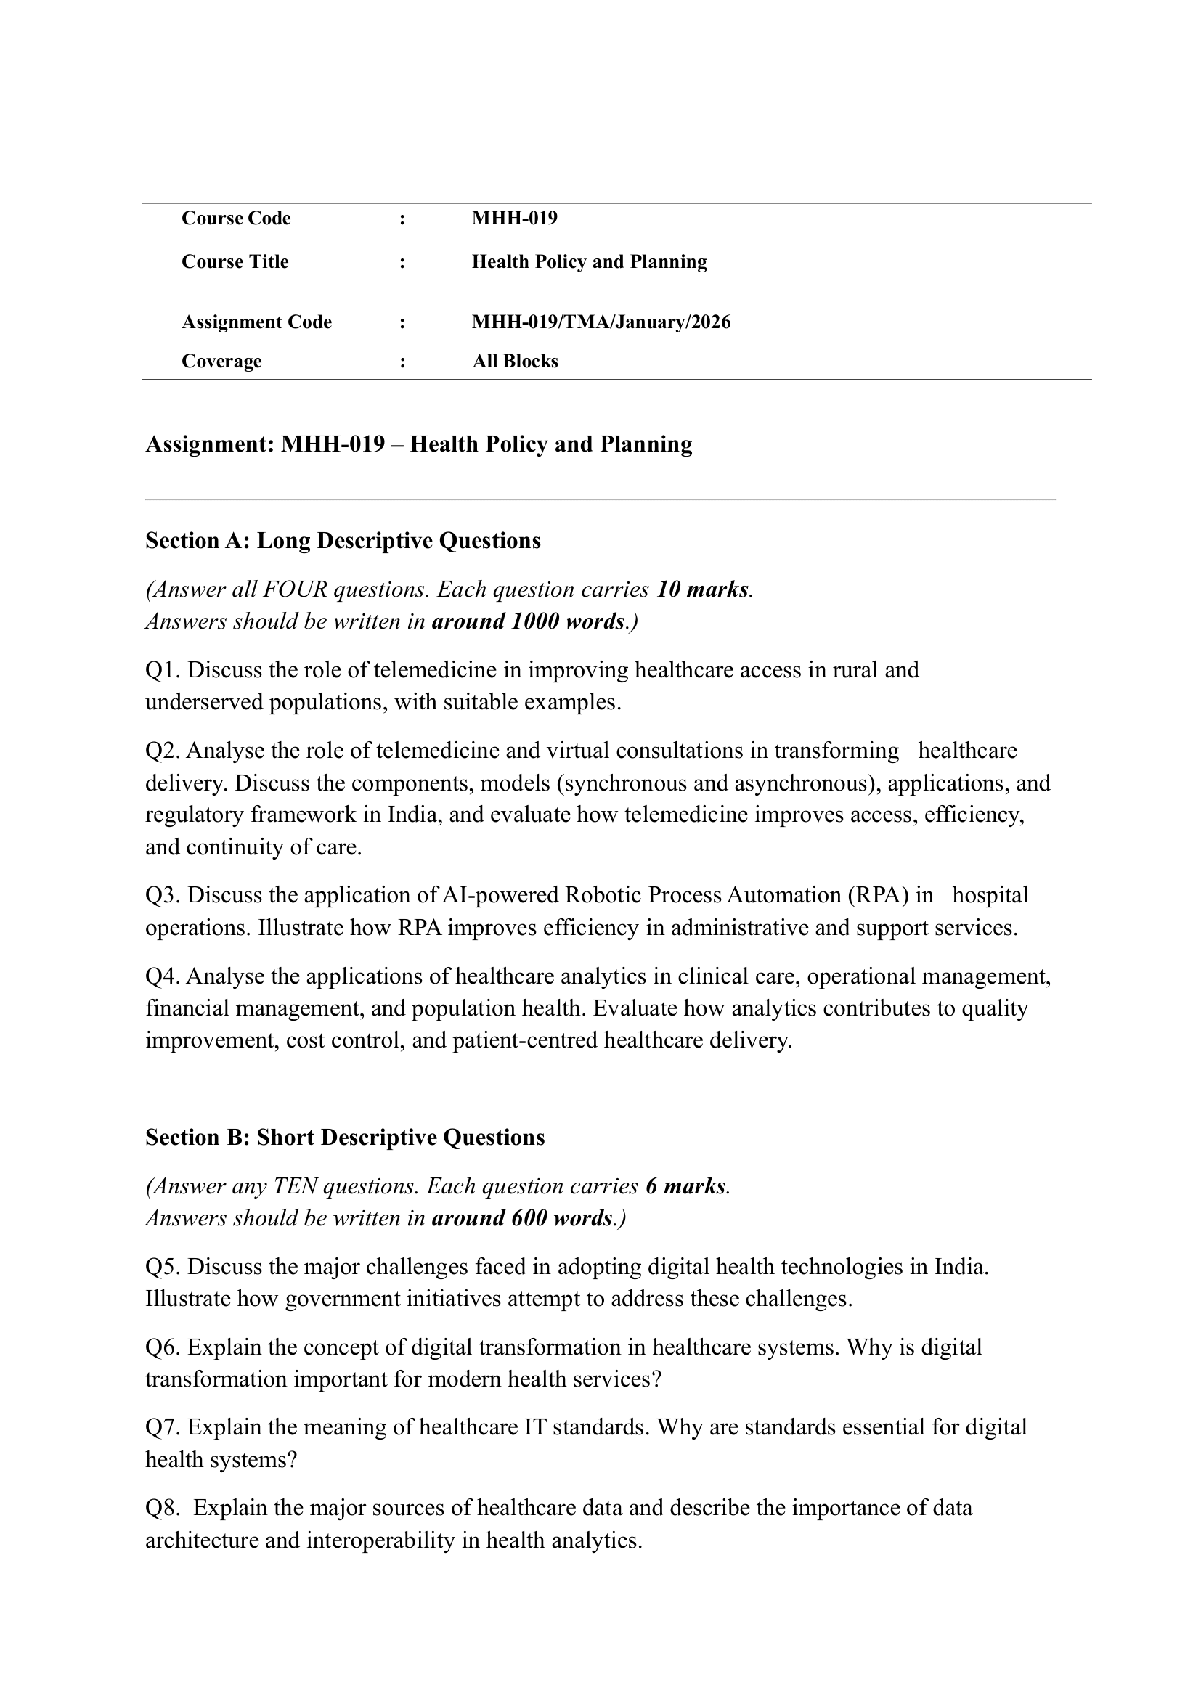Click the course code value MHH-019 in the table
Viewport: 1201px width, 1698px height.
pyautogui.click(x=514, y=219)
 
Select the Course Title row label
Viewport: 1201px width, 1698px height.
pyautogui.click(x=235, y=262)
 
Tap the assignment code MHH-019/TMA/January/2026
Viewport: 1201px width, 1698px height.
pyautogui.click(x=600, y=322)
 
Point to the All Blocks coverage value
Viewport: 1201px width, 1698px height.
pyautogui.click(x=515, y=362)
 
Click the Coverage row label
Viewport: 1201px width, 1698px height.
pyautogui.click(x=221, y=362)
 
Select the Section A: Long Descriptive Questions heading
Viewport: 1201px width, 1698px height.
pyautogui.click(x=343, y=541)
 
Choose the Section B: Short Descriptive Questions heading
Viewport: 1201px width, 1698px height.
pyautogui.click(x=345, y=1138)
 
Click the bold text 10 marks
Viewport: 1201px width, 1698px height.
pyautogui.click(x=702, y=589)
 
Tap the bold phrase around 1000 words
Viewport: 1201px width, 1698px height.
pyautogui.click(x=527, y=621)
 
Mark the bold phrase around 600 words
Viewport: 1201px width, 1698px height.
pyautogui.click(x=521, y=1218)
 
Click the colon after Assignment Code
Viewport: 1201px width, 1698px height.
pyautogui.click(x=402, y=322)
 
